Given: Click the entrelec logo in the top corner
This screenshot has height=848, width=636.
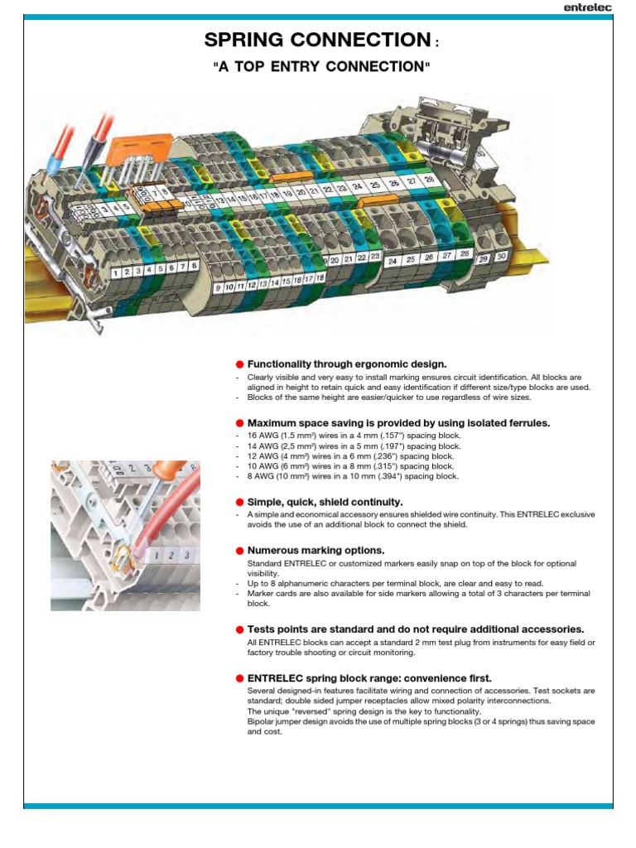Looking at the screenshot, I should (587, 7).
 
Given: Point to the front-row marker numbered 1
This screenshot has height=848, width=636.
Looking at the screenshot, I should (116, 272).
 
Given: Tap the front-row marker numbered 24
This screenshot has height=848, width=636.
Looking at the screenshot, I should (392, 261).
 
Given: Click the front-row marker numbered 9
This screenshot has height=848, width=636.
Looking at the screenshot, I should (219, 287).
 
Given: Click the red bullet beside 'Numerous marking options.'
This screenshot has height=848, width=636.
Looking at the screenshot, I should (239, 551).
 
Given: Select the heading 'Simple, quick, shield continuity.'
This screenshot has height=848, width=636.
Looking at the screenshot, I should (325, 502).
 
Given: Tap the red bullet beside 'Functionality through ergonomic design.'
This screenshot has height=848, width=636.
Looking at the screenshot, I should (239, 364).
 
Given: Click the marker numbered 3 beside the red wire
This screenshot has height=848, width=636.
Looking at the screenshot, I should (187, 554).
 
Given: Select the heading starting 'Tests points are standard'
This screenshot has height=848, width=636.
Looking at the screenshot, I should (416, 629).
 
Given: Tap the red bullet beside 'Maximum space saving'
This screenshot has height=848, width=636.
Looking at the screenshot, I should (239, 423).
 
